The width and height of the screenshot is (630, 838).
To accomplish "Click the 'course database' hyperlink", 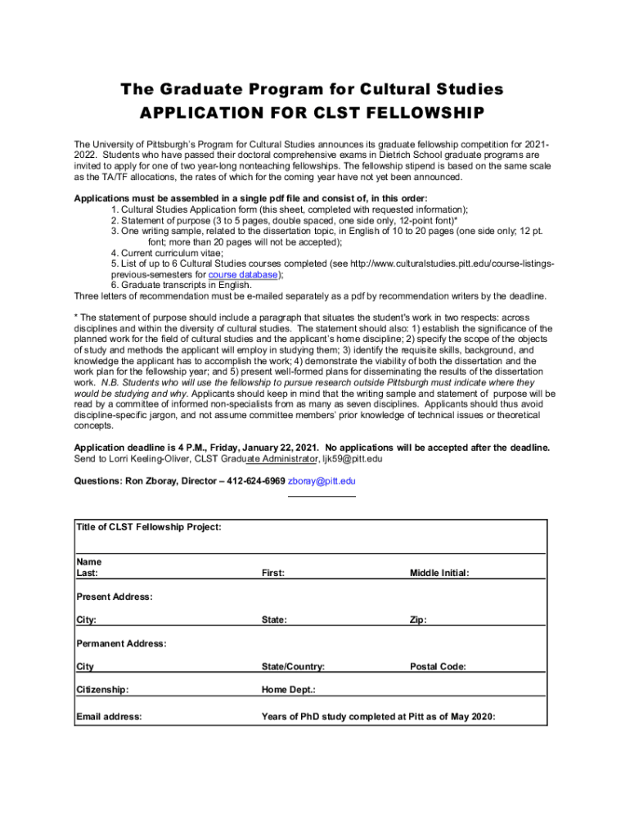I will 244,275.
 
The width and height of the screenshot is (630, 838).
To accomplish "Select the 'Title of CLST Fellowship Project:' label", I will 148,527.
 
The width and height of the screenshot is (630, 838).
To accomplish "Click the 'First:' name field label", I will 273,573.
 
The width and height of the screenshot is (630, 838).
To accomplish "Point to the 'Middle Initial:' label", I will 439,573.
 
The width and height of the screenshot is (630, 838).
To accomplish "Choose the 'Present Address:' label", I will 114,597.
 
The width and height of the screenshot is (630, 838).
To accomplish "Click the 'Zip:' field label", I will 418,619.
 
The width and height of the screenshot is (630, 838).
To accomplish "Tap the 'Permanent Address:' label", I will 121,643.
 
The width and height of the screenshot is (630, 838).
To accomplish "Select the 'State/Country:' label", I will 293,666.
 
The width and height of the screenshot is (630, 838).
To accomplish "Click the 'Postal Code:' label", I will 438,666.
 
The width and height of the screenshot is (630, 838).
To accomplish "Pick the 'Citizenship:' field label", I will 102,690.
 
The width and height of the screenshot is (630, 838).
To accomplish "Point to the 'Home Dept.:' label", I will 288,690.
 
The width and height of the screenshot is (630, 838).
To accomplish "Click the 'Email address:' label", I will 109,716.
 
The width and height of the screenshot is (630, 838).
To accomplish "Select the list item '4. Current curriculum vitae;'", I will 177,254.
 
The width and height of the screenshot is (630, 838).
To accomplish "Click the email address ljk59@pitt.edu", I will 344,459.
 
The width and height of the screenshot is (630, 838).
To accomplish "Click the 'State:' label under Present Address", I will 274,619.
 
